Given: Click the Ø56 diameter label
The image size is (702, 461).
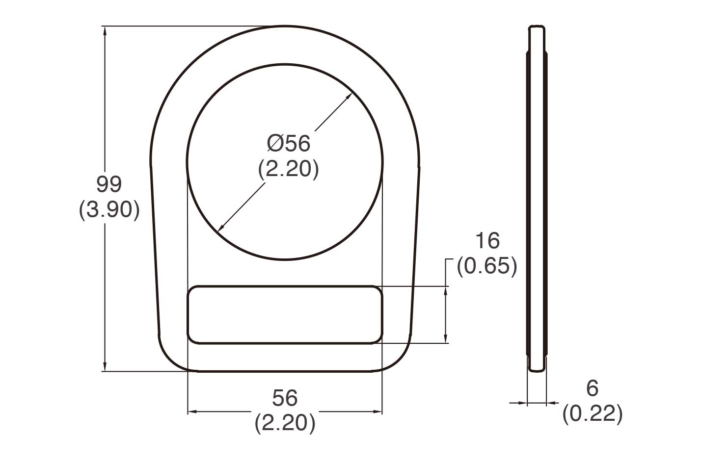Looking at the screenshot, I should (289, 144).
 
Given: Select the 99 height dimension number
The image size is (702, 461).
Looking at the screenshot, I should (109, 184).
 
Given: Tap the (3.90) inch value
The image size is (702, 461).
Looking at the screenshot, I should (109, 210).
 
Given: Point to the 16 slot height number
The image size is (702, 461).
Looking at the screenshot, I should (487, 241).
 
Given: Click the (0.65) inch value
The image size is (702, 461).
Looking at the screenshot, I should (487, 266).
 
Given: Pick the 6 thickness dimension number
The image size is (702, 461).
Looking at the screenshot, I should (593, 388).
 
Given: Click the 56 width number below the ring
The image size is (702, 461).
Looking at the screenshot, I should (285, 398).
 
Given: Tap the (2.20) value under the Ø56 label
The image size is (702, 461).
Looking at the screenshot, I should (289, 169).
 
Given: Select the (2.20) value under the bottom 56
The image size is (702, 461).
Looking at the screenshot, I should (285, 423).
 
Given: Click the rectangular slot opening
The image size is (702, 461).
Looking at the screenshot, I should (285, 314).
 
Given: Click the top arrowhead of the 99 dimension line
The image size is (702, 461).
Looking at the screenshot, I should (105, 30).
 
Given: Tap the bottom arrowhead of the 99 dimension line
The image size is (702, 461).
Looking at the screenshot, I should (105, 367).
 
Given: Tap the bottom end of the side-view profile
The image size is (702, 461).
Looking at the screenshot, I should (537, 370).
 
